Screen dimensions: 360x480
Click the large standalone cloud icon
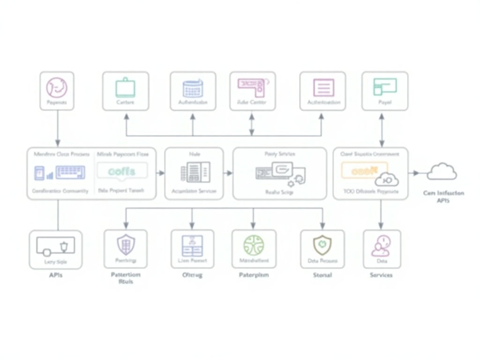coord(442,172)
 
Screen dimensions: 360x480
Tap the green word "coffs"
coord(121,172)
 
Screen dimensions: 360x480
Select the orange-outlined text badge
coord(364,171)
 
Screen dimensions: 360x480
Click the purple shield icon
coord(126,245)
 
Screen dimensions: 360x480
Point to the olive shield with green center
coord(322,244)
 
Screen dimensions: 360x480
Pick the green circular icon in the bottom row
coord(254,245)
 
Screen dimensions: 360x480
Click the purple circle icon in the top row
coord(57,88)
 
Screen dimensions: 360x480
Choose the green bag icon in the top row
coord(125,88)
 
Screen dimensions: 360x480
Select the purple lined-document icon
coord(323,88)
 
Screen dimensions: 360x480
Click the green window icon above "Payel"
coord(384,87)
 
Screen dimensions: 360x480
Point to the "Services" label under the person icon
coord(381,275)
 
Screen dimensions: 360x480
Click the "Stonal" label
coord(322,275)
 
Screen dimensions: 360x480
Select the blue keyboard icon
coord(70,172)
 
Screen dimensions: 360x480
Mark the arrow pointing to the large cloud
coord(415,173)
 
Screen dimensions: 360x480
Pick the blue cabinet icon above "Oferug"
coord(192,245)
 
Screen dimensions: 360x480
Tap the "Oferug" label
coord(192,275)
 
